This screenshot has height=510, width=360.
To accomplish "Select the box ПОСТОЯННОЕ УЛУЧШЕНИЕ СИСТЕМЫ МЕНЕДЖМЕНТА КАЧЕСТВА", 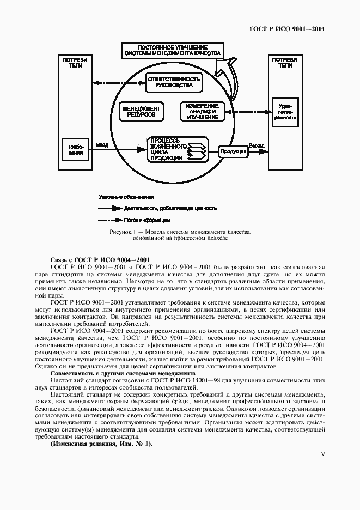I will (x=172, y=51).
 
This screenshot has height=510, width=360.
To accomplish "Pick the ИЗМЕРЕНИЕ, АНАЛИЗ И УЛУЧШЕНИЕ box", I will (x=202, y=112).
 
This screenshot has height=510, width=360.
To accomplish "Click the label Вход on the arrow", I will (x=102, y=145).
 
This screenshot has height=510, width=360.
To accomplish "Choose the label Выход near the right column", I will (x=257, y=145).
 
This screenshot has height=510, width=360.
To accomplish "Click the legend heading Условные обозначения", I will (x=127, y=195).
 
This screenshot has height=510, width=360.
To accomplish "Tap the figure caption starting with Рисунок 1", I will (x=180, y=235).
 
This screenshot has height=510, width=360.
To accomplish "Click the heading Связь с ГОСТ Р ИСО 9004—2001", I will (x=100, y=259).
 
